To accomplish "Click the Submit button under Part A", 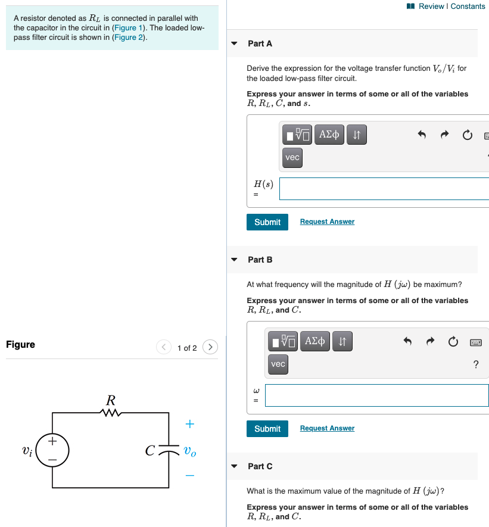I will click(x=267, y=222).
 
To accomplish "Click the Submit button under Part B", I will click(x=267, y=429).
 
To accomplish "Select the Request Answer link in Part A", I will click(x=327, y=222).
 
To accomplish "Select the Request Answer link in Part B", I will click(x=327, y=428).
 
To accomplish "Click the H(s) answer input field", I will click(x=384, y=189).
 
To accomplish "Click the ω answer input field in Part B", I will click(x=376, y=395).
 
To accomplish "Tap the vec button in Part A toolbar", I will click(x=292, y=158).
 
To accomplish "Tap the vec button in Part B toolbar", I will click(x=278, y=364).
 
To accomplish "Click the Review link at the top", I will click(x=431, y=7).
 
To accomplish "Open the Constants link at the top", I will click(x=468, y=7).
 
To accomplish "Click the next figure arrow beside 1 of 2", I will click(x=210, y=347).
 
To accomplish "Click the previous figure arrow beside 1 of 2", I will click(x=164, y=347).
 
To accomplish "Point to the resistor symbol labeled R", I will click(x=111, y=412).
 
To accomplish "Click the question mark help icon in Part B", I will click(x=475, y=364).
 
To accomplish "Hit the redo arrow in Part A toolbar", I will click(x=444, y=135).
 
